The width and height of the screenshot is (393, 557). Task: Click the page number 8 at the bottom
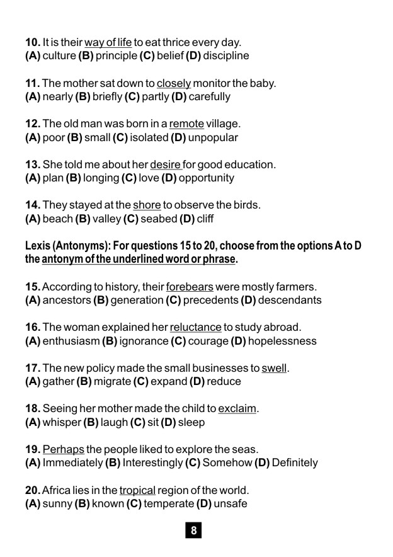(x=193, y=531)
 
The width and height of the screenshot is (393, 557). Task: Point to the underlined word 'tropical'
(x=138, y=490)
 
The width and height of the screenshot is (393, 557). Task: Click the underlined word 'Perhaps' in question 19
(x=64, y=449)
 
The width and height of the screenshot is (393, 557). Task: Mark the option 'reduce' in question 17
(x=223, y=381)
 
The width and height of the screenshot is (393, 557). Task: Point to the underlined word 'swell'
(x=274, y=367)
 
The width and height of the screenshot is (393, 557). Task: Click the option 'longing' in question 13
(x=102, y=178)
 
